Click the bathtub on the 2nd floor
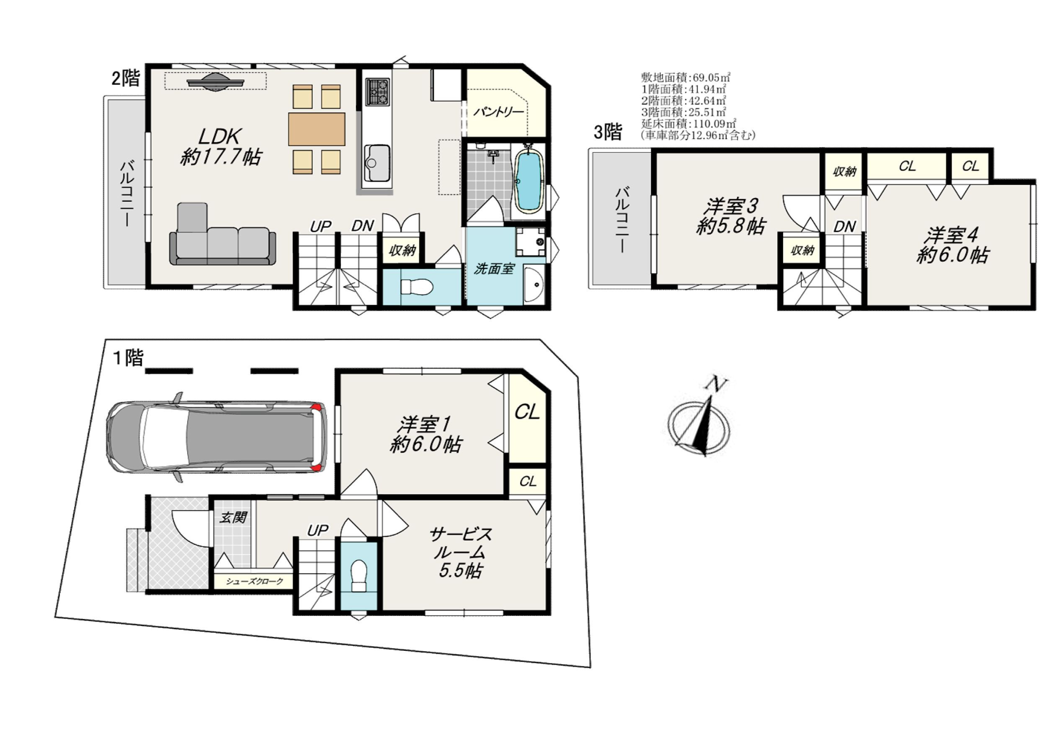(x=529, y=181)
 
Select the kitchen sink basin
(x=377, y=163)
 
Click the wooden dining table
(x=317, y=129)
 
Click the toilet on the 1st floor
(x=359, y=576)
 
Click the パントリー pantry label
(x=498, y=112)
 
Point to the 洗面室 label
(x=494, y=269)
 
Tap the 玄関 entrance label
(x=233, y=517)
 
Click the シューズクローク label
(x=255, y=581)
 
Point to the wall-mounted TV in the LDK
(x=215, y=82)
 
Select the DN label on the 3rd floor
(x=845, y=227)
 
